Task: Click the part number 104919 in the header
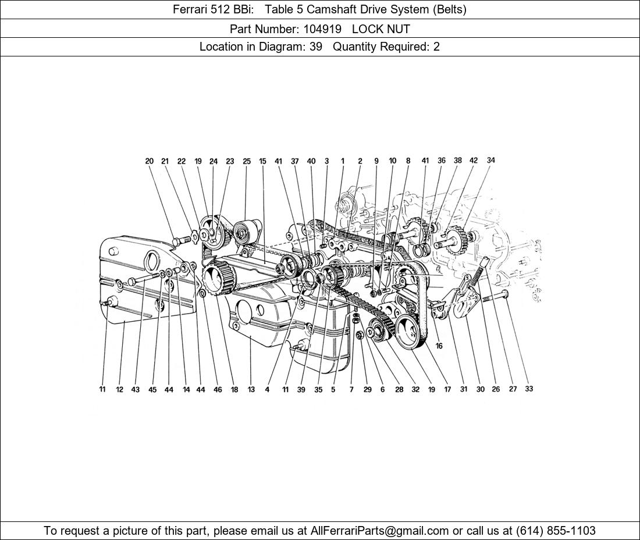point(322,29)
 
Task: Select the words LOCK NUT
point(381,29)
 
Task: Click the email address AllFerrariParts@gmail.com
point(379,531)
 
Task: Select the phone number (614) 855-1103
point(556,531)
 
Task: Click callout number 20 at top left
point(150,161)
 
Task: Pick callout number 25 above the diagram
point(247,161)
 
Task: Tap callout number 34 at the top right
point(490,161)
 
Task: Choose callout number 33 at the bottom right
point(528,389)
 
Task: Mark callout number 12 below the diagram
point(119,389)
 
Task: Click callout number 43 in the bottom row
point(135,389)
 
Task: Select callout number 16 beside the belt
point(439,346)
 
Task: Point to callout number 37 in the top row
point(295,161)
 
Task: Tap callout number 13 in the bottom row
point(251,389)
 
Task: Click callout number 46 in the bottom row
point(218,389)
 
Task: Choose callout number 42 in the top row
point(474,161)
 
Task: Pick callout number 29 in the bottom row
point(367,389)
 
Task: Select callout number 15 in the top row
point(262,161)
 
